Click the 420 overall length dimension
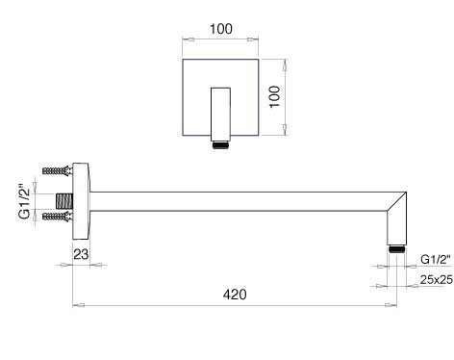coord(235,295)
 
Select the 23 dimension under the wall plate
coord(81,254)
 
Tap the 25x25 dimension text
coord(437,280)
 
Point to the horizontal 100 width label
coord(221,29)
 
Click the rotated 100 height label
coord(275,97)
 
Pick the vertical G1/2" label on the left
coord(25,201)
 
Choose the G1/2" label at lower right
coord(436,259)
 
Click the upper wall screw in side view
coord(58,170)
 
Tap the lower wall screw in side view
coord(58,217)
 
